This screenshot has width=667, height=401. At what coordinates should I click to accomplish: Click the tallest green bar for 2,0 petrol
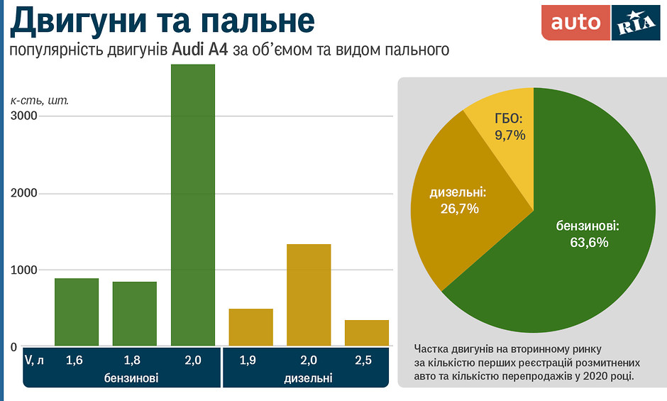193,206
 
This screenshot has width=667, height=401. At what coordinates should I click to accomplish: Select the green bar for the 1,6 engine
77,312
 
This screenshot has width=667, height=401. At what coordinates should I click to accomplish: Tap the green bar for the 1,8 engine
135,314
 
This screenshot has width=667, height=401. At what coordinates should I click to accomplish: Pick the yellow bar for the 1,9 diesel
250,328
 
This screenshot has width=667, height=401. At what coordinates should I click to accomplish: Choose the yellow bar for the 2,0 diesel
309,295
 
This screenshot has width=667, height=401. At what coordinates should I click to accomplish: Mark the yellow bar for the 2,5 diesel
367,334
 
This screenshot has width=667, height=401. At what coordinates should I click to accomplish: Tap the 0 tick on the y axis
13,347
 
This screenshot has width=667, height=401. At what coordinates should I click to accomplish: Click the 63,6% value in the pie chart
589,242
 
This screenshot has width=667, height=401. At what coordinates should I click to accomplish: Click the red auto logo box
575,23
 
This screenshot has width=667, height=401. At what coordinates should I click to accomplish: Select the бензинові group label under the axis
131,378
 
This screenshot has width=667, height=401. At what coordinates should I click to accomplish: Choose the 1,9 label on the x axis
248,361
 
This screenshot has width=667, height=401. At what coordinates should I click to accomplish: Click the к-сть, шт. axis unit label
39,100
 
